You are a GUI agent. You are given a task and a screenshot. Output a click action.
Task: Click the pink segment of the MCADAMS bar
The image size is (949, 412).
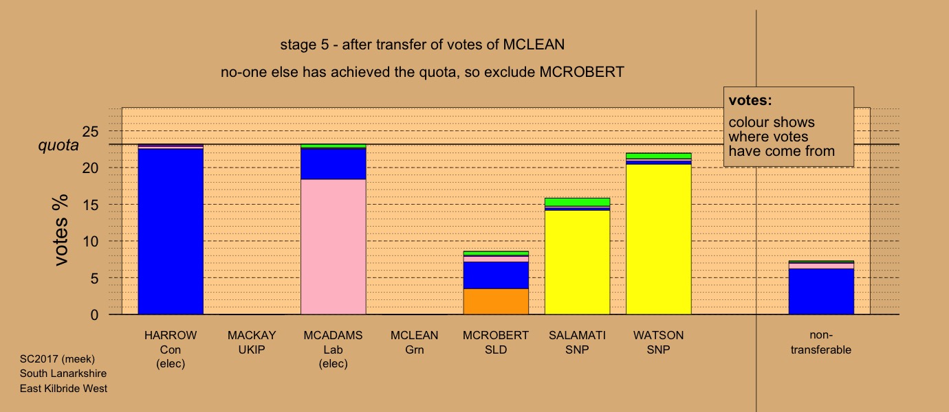coord(333,247)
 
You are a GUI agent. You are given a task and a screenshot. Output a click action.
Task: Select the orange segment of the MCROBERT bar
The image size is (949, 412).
coord(496,301)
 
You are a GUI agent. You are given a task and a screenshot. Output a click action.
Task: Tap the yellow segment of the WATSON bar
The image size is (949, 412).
coord(658,239)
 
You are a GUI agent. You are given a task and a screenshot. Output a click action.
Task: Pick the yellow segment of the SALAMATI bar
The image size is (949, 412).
coord(577,262)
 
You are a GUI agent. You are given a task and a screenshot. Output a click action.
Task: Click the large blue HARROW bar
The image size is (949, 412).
coord(171,231)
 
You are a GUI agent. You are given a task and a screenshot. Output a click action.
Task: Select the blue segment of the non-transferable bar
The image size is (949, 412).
coord(821,291)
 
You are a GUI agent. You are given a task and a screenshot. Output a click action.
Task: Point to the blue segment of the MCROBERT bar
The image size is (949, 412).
coord(496,275)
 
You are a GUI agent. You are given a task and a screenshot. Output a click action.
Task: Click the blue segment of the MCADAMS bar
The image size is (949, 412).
coord(333,164)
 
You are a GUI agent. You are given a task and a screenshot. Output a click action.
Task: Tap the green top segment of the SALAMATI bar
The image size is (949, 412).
coord(577,202)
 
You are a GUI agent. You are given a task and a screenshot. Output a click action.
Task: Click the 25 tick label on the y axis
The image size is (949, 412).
coord(90,132)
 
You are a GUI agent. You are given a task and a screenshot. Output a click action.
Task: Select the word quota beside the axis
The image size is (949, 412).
coord(58,146)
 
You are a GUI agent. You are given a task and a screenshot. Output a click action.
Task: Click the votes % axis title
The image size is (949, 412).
coord(61,230)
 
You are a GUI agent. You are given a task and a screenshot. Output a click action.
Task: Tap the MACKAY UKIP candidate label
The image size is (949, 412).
coord(252,343)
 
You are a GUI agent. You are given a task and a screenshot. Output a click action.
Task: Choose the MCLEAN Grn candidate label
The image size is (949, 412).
coord(415,343)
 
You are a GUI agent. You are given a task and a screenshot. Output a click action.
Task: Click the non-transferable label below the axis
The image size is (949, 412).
coord(821,343)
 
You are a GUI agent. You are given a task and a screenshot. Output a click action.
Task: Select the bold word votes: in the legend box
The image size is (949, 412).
coord(750,100)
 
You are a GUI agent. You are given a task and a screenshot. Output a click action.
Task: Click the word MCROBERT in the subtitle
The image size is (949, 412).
coord(582,72)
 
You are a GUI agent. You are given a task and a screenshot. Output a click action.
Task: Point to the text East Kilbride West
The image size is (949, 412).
coord(63,389)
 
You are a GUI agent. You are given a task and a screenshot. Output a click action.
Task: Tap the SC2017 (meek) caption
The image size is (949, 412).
coord(57,359)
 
